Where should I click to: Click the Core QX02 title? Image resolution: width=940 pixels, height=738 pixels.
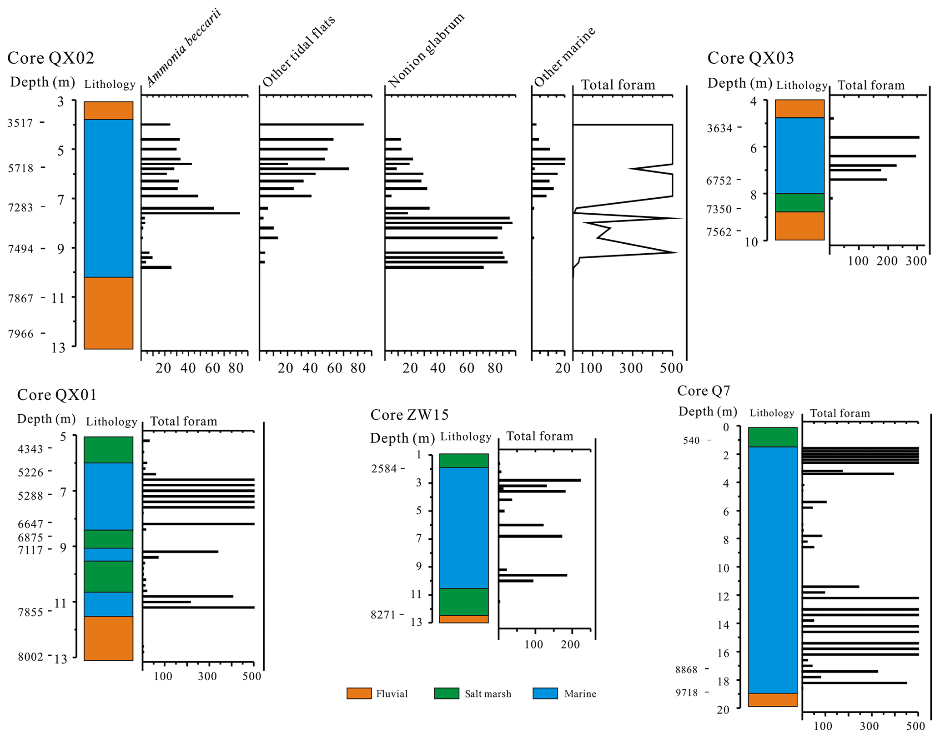point(51,58)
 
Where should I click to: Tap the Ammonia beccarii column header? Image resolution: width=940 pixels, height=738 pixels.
point(183,48)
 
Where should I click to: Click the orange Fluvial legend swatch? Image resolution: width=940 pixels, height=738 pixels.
point(359,693)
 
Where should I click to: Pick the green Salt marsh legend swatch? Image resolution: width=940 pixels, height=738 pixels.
point(447,693)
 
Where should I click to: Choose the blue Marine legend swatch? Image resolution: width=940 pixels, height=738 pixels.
point(545,693)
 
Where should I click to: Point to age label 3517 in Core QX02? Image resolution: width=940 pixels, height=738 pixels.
point(20,123)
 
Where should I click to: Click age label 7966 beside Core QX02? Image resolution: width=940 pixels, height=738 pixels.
point(21,334)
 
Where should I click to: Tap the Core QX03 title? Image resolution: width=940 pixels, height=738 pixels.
point(750,58)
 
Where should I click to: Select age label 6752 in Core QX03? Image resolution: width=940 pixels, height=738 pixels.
point(719,181)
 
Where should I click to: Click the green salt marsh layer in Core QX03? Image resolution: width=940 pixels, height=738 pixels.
point(799,203)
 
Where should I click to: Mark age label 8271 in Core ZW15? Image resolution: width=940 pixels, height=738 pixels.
point(383,615)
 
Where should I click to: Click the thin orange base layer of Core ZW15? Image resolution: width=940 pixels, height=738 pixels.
point(463,619)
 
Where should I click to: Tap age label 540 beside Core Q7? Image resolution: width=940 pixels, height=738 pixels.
point(691,441)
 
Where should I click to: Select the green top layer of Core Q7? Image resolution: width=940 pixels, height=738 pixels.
point(773,437)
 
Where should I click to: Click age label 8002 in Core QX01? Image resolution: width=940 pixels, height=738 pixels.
point(30,657)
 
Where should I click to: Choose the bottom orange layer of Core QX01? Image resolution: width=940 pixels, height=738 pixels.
point(108,638)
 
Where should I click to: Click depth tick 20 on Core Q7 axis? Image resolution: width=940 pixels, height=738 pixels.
point(723,710)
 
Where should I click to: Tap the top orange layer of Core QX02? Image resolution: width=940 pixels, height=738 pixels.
point(108,110)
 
